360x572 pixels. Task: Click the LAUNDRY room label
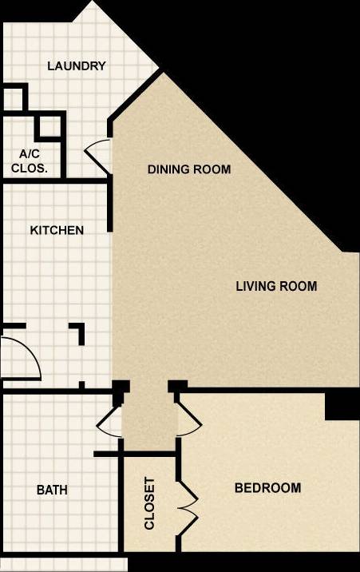(77, 66)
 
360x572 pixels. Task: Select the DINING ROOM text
(189, 169)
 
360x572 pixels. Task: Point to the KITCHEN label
(57, 230)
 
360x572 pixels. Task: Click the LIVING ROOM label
(276, 286)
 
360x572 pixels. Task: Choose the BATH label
(52, 490)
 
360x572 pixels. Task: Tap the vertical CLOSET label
(149, 504)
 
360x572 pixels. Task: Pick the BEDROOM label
(267, 488)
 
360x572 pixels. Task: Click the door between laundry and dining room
(97, 149)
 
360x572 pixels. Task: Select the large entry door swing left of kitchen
(20, 358)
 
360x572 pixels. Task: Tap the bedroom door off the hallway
(188, 420)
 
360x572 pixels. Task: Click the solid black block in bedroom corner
(342, 404)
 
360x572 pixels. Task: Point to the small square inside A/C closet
(49, 126)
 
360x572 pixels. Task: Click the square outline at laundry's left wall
(14, 97)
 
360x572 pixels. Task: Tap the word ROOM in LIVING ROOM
(299, 286)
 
